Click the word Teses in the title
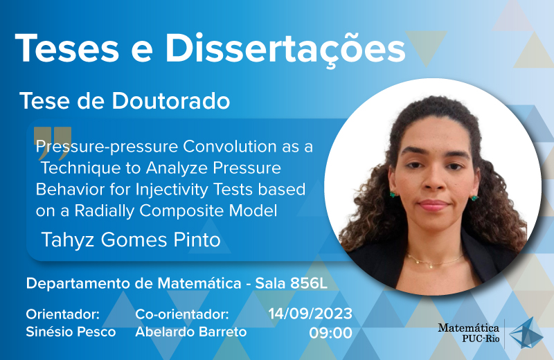(x=66, y=48)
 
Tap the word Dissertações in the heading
(x=285, y=49)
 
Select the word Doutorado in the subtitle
(x=171, y=101)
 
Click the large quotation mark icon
(x=53, y=143)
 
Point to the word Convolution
(x=230, y=146)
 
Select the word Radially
(x=105, y=211)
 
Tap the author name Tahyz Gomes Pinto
(x=131, y=240)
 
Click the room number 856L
(x=309, y=283)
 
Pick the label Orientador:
(x=63, y=314)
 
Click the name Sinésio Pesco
(x=71, y=332)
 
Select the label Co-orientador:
(x=182, y=314)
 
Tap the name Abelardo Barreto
(x=191, y=332)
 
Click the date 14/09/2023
(x=310, y=314)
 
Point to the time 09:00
(x=331, y=333)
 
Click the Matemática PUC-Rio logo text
(x=469, y=333)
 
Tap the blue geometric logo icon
(x=526, y=332)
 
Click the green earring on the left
(x=393, y=194)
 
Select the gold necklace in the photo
(x=434, y=260)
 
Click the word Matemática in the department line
(x=199, y=283)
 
